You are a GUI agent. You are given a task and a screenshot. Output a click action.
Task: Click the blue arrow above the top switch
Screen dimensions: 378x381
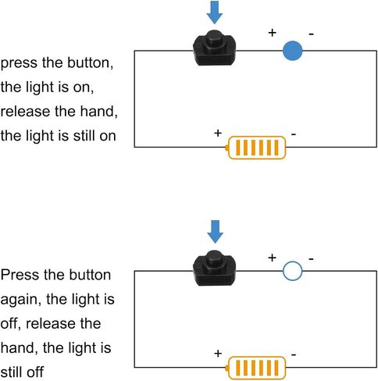point(215,12)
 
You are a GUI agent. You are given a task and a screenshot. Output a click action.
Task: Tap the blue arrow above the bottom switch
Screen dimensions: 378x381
point(215,232)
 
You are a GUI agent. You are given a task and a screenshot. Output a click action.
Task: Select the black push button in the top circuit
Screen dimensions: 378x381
point(214,48)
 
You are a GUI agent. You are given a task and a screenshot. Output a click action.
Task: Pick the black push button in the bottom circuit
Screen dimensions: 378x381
point(214,268)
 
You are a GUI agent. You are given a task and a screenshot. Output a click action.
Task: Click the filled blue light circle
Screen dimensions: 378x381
point(293,51)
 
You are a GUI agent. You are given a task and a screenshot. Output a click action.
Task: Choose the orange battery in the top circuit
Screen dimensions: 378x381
point(255,148)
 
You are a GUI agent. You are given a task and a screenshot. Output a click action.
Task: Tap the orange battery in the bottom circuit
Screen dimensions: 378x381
point(255,368)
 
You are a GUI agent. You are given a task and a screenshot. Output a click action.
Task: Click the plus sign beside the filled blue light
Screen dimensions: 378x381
point(272,33)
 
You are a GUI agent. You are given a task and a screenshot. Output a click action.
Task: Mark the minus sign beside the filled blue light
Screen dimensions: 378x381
point(312,34)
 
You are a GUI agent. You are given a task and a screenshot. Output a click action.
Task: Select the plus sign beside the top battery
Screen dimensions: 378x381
point(218,134)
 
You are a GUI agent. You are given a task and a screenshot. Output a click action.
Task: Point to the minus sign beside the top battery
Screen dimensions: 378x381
point(294,134)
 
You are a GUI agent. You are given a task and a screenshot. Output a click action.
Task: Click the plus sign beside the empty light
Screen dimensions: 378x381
point(272,258)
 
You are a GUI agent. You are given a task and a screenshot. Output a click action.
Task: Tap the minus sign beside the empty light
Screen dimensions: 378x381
point(312,259)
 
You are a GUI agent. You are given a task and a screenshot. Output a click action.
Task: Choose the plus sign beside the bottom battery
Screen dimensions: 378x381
point(218,354)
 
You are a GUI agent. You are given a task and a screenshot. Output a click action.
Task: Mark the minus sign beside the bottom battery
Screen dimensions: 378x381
point(294,354)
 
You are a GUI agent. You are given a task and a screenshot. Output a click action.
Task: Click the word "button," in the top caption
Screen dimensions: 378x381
point(91,63)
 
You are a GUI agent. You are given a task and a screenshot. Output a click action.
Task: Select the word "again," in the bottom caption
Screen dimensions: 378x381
point(21,300)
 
